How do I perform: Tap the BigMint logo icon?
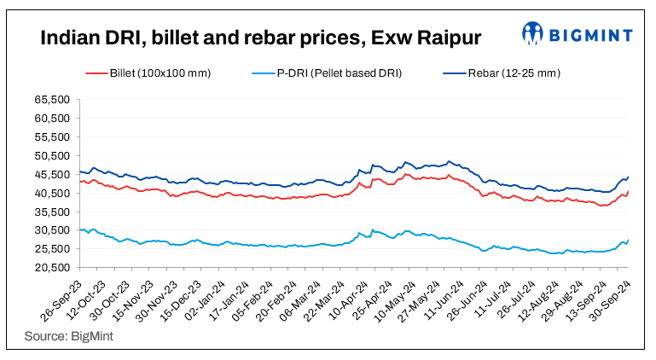[534, 33]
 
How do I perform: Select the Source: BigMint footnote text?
[65, 336]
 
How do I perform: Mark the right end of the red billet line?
[629, 191]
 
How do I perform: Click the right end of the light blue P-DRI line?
[629, 240]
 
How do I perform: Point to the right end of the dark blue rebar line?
[629, 177]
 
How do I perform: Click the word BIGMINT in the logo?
[590, 35]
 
